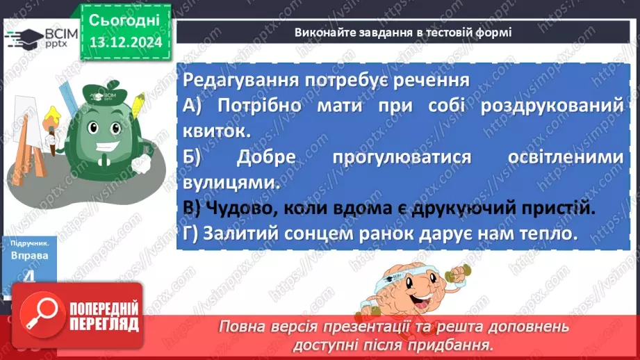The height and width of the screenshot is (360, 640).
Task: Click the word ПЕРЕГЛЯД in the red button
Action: coord(104,324)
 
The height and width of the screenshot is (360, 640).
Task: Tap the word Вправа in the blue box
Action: coord(30,256)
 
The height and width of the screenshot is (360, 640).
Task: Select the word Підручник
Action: coord(29,244)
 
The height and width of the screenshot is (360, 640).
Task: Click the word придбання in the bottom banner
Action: coord(461,344)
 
